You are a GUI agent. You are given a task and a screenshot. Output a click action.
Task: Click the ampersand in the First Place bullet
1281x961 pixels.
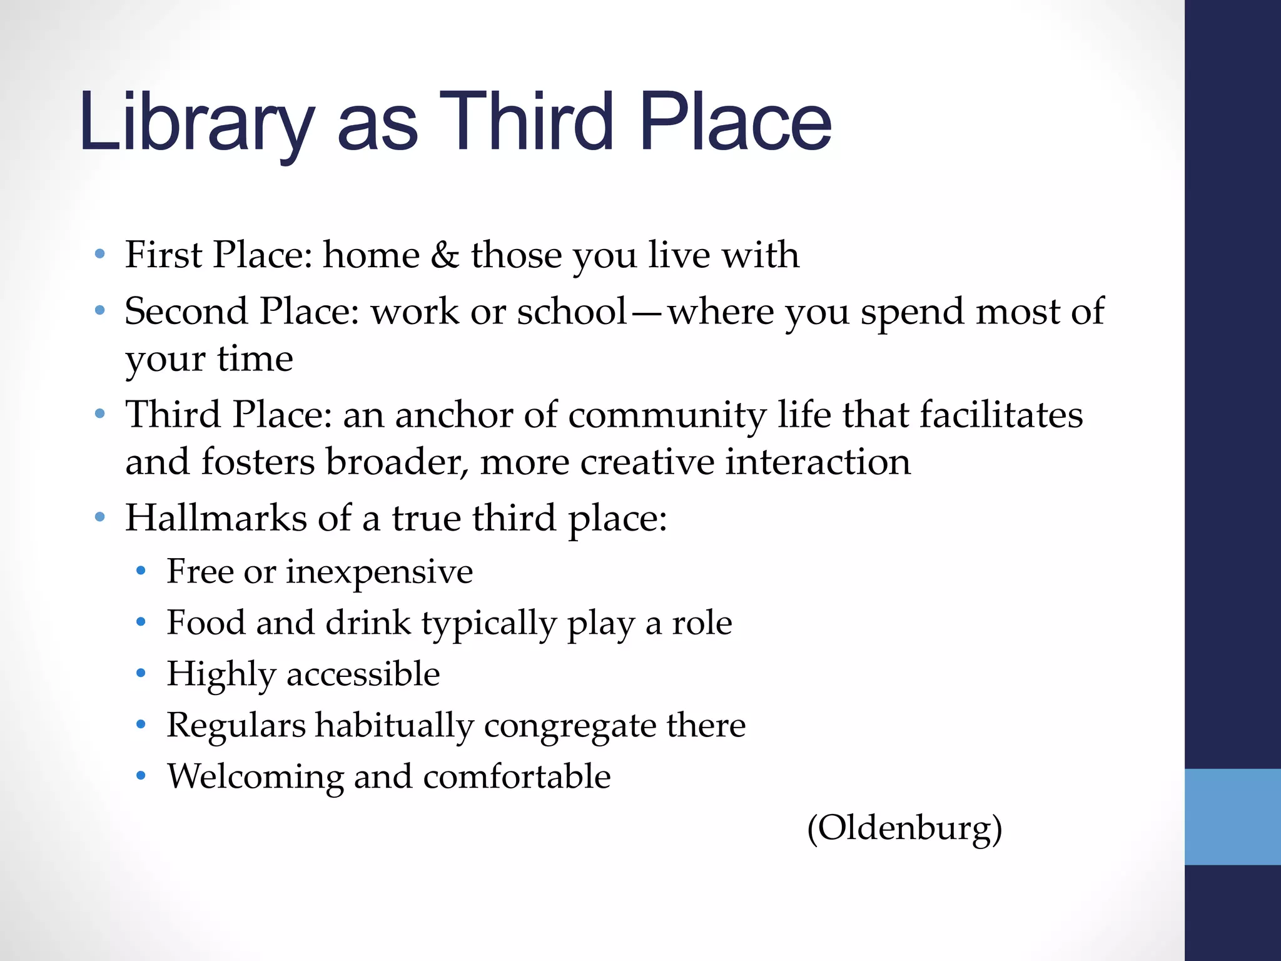click(445, 255)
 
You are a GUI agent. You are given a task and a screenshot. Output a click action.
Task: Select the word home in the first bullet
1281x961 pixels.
click(371, 255)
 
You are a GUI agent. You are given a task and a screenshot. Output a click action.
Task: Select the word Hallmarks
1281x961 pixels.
click(216, 518)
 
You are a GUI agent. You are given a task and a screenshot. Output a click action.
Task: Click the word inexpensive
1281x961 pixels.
click(379, 571)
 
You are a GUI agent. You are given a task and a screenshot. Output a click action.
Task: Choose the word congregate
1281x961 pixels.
click(569, 726)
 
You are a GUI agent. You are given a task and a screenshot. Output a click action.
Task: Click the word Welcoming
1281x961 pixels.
click(255, 776)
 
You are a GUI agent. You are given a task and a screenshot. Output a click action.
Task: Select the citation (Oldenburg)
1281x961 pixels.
click(904, 828)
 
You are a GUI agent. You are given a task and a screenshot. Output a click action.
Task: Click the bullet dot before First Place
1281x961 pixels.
click(99, 255)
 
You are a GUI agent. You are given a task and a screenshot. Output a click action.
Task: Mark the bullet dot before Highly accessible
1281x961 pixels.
click(141, 674)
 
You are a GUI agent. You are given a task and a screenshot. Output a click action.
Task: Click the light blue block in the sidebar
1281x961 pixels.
click(1232, 816)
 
